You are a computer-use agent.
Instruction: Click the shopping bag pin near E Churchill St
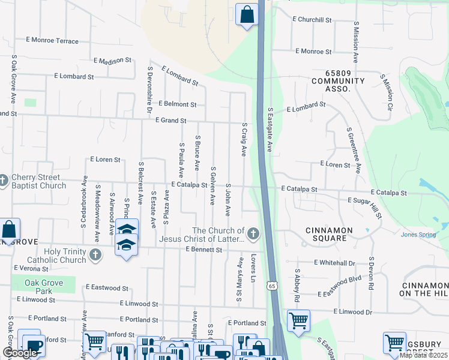(x=247, y=14)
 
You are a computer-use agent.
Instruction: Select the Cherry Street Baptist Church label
(x=38, y=181)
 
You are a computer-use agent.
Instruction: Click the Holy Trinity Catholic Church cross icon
(x=95, y=256)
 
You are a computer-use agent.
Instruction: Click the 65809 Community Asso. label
(x=338, y=85)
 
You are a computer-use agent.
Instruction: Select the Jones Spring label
(x=418, y=235)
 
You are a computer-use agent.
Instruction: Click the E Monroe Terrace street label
(x=52, y=41)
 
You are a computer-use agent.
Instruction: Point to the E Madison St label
(x=112, y=60)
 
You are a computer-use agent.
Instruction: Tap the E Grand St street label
(x=171, y=121)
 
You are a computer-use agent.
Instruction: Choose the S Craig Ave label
(x=244, y=139)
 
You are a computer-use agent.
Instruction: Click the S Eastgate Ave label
(x=270, y=129)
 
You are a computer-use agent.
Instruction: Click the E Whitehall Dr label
(x=334, y=263)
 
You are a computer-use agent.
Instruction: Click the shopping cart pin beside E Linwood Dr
(x=298, y=320)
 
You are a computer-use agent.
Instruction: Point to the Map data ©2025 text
(x=423, y=355)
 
